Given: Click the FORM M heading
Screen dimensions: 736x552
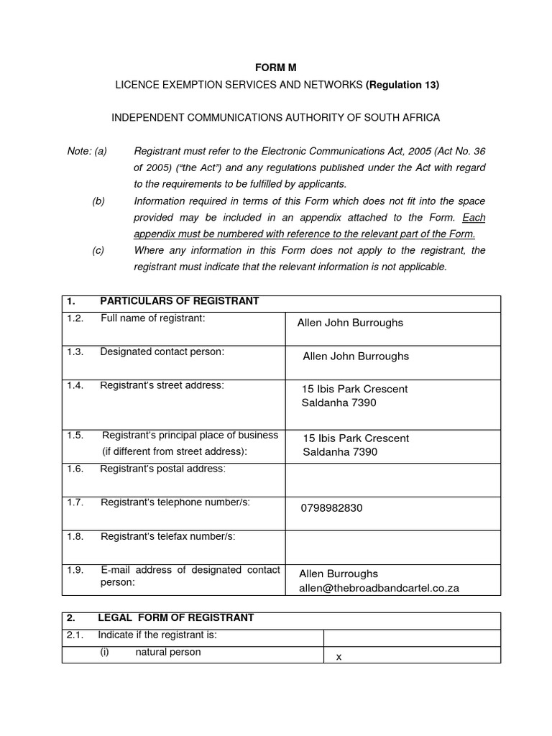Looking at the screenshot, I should click(276, 68).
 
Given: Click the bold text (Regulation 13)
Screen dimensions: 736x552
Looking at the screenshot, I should click(402, 85).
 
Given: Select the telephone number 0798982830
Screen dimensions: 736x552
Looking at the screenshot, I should click(331, 508).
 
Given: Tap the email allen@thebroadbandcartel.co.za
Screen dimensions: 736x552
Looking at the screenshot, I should click(379, 588).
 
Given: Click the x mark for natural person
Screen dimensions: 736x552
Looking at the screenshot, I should click(339, 656).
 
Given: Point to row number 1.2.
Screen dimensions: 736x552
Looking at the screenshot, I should click(75, 318).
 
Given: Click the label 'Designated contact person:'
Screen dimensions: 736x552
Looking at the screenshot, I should click(162, 351).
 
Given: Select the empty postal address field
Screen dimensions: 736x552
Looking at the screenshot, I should click(392, 479).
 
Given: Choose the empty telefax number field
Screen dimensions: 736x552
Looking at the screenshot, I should click(392, 547).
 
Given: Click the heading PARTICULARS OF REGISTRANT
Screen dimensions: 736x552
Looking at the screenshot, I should click(179, 301).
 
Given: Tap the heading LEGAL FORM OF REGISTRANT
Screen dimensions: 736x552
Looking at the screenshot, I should click(175, 617).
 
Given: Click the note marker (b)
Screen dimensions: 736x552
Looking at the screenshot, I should click(98, 201).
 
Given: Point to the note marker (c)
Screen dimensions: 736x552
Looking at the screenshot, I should click(98, 250).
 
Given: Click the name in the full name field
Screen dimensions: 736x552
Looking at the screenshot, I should click(350, 323).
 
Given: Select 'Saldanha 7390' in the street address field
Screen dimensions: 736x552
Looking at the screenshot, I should click(339, 403).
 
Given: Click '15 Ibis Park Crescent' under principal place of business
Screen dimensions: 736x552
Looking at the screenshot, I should click(356, 438).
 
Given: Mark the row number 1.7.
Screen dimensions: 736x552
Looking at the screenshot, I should click(75, 502).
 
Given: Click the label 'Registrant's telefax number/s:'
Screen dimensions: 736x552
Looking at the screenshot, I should click(167, 536).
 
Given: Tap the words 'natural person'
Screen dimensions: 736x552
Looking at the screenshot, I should click(168, 652).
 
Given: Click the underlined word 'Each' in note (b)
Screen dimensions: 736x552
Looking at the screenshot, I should click(474, 217).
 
